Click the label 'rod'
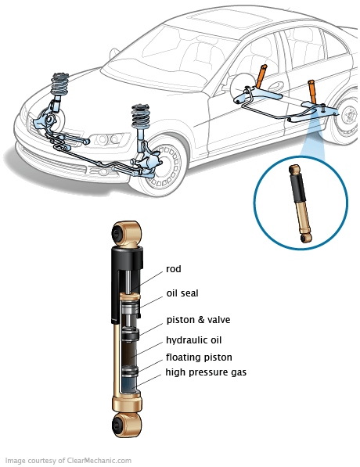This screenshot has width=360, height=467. point(174,269)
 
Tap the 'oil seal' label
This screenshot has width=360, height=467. point(182,293)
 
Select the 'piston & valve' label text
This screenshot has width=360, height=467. point(198,320)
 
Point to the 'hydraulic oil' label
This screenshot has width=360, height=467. point(194,340)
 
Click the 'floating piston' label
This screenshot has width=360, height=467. point(199,357)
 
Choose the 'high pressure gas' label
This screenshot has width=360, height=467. point(206,372)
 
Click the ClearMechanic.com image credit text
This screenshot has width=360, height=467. point(68,461)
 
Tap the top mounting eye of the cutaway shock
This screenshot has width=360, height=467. point(126,233)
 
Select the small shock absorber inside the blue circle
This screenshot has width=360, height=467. point(301,203)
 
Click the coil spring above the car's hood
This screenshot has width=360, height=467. point(60,84)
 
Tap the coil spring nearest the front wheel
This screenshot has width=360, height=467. point(141,116)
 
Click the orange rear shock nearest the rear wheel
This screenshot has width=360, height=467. point(311,92)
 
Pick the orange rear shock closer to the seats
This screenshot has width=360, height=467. point(261,76)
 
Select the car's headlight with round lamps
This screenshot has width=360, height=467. point(107,139)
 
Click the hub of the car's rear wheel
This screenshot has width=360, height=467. point(349,116)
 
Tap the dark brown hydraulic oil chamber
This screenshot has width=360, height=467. point(129,352)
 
